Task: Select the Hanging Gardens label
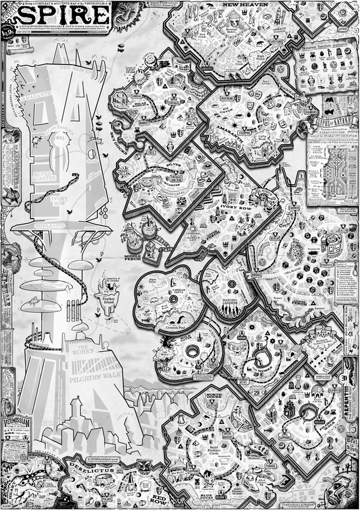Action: [231, 298]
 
